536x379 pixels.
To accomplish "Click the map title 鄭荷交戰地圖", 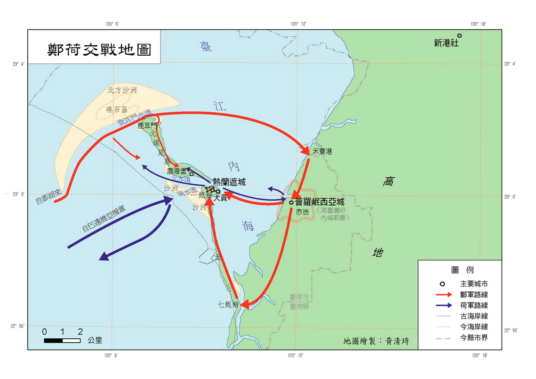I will [x=100, y=49].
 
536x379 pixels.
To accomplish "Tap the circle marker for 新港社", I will [x=459, y=36].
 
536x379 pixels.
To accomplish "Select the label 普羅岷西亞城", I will [x=320, y=202].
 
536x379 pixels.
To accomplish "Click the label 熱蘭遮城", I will [x=229, y=182].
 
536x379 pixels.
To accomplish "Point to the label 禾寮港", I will [x=322, y=152].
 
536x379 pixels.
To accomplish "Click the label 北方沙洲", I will [x=122, y=91].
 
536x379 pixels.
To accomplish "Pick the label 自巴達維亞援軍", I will [x=104, y=218].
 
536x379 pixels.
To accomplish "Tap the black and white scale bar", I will [x=62, y=340].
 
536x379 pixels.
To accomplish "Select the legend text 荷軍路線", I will [x=474, y=305].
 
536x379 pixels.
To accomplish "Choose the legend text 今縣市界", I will [x=474, y=338].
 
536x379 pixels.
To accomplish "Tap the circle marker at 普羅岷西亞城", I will [x=291, y=202].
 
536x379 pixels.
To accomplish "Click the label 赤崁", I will [x=303, y=211].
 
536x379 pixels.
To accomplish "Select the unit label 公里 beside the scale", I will [x=95, y=340].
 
